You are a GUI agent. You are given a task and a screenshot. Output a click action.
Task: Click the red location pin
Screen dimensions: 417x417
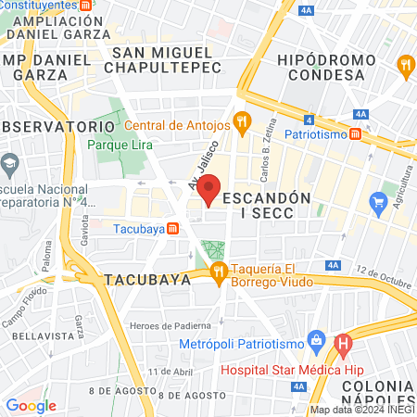point(210,189)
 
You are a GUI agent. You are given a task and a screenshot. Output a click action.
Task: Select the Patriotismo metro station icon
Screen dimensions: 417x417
point(356,134)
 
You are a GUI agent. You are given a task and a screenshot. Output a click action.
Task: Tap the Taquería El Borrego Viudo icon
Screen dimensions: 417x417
point(219,271)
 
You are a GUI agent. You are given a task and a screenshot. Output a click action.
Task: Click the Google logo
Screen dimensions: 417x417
point(31,405)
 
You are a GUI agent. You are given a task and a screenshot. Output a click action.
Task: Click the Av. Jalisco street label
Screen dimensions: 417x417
point(199,166)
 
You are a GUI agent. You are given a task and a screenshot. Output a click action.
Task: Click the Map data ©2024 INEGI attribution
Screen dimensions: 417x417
point(362,410)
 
